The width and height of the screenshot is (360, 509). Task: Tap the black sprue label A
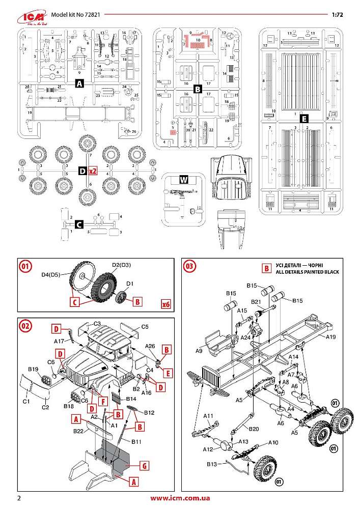coord(79,84)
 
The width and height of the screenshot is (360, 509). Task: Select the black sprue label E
coord(304,119)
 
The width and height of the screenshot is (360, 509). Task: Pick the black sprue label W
coord(184,180)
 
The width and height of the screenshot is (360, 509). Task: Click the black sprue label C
coord(79,224)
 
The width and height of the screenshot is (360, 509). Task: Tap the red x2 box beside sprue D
coord(93,172)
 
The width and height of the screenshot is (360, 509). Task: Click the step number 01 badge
coord(25,266)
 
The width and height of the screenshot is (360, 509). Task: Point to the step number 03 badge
coord(189,266)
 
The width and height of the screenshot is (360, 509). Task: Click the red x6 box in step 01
coord(165,304)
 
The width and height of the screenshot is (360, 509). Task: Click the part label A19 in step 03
coord(331,336)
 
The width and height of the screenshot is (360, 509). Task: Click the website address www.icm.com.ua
coord(180,498)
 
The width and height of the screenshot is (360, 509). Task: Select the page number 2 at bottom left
coord(19,498)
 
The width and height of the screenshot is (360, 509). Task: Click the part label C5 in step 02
coord(144,326)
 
